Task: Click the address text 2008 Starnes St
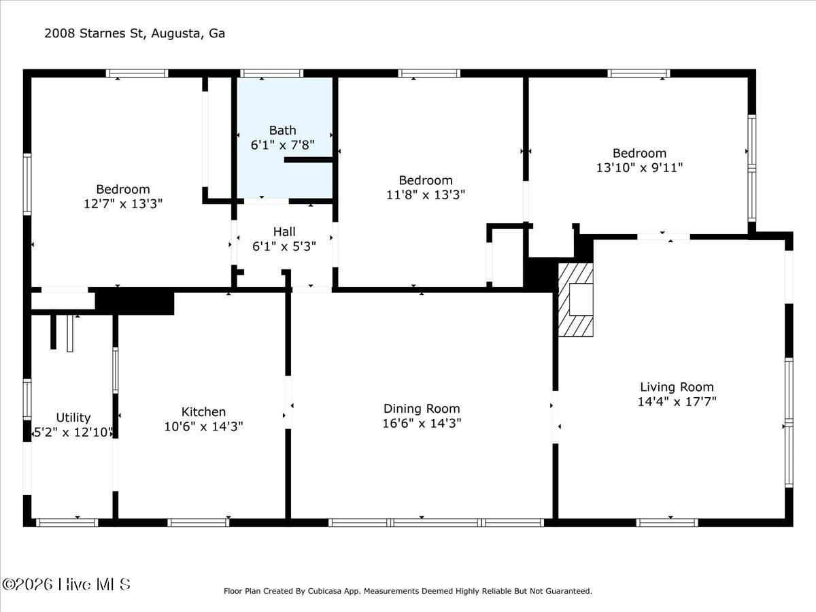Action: click(94, 33)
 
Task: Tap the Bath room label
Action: click(282, 131)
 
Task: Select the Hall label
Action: click(284, 231)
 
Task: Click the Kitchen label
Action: click(204, 411)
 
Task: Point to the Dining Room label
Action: click(422, 409)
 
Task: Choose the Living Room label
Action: click(677, 387)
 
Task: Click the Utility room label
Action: click(73, 418)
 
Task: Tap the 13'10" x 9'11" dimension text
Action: click(640, 167)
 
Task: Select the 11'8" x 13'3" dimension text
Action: click(426, 194)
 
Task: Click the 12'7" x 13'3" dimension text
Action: click(123, 203)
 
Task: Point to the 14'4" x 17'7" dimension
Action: click(677, 402)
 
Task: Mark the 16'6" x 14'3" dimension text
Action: click(422, 423)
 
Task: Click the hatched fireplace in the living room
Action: click(575, 300)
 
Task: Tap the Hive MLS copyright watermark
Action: click(66, 585)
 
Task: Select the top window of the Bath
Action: click(272, 73)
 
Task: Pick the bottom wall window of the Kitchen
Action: click(199, 523)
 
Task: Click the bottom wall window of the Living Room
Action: click(667, 523)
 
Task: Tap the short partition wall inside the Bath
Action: click(308, 160)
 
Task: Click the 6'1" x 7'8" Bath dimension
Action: click(282, 145)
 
